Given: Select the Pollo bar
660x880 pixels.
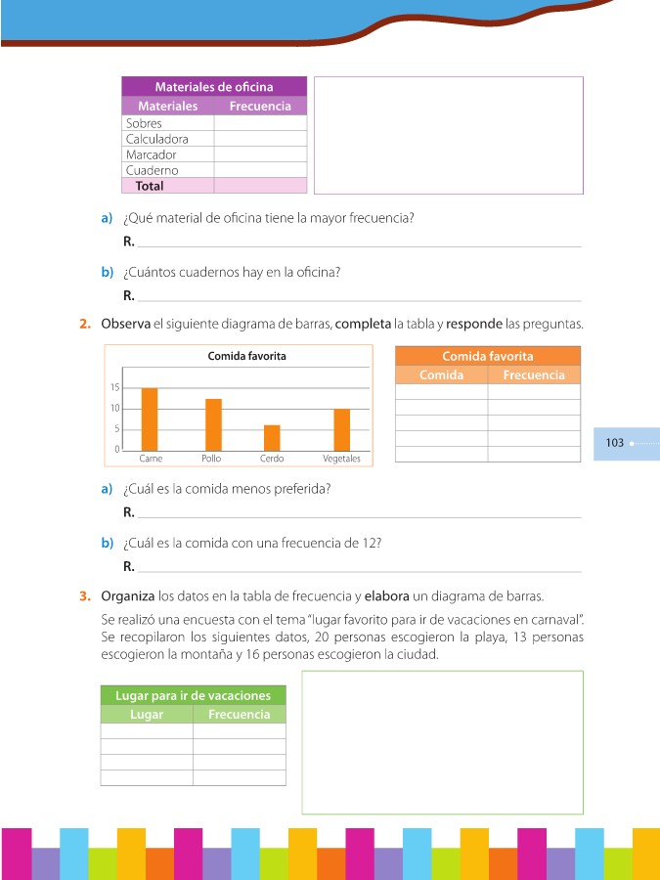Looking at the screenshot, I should tap(213, 424).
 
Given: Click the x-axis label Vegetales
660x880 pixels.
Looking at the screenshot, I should tap(341, 459).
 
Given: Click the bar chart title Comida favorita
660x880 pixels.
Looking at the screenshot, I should tap(246, 357).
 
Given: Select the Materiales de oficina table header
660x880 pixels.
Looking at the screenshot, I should tap(214, 87).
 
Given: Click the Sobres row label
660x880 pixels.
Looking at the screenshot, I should tap(145, 124).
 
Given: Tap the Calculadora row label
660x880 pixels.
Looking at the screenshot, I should tap(157, 139).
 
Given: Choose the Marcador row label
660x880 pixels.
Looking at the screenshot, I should tap(152, 154).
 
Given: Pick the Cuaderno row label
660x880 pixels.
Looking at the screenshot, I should tap(153, 170).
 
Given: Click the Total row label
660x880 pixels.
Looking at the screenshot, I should tap(150, 186).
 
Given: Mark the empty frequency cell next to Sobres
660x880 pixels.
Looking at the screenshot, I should tap(260, 124).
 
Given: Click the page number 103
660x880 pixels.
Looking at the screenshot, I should tap(615, 443).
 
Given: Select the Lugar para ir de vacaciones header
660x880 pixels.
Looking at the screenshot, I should tap(193, 695).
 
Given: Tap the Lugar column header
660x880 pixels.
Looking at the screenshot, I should tap(147, 715).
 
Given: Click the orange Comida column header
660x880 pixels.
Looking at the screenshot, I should tap(441, 374).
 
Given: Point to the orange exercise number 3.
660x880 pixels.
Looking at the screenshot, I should tap(85, 594).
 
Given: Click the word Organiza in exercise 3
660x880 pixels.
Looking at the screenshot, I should tap(127, 594).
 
